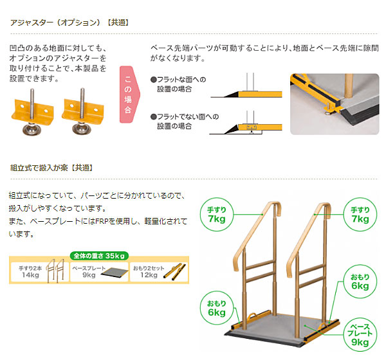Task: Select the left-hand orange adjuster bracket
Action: click(x=32, y=114)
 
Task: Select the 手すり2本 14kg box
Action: click(x=37, y=271)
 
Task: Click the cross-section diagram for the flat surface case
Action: click(x=248, y=89)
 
